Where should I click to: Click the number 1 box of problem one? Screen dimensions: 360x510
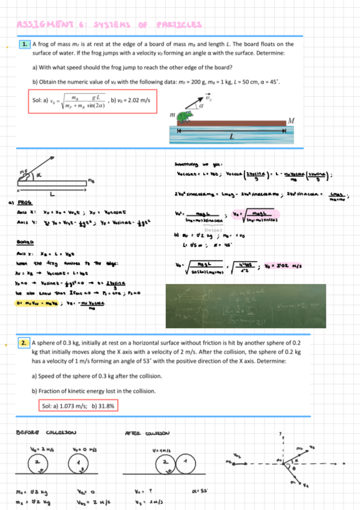pyautogui.click(x=25, y=44)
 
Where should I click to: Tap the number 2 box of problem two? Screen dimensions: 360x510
pyautogui.click(x=25, y=343)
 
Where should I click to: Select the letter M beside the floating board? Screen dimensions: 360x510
pyautogui.click(x=291, y=121)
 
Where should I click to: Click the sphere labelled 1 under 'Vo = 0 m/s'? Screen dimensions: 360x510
pyautogui.click(x=78, y=465)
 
